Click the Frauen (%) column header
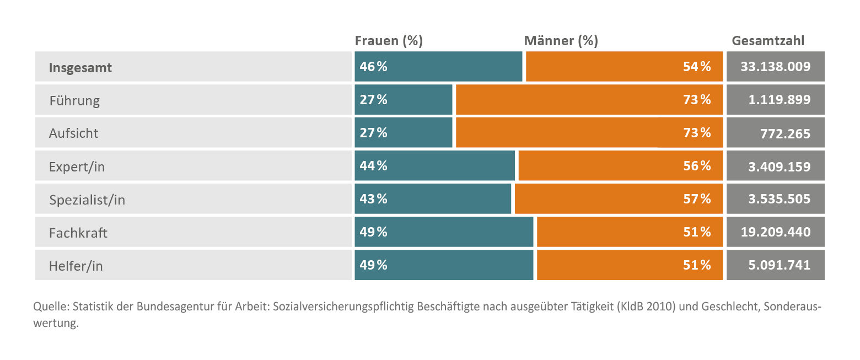[x=388, y=41]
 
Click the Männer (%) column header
[x=561, y=41]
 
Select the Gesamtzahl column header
[x=768, y=41]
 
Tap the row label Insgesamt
[x=80, y=68]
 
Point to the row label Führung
[x=74, y=101]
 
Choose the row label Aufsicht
[x=74, y=133]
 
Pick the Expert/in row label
[x=77, y=166]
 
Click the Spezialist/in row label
[x=87, y=200]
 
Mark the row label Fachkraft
[x=78, y=233]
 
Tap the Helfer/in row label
[x=76, y=266]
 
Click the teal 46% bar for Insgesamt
[x=438, y=67]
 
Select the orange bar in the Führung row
[x=589, y=100]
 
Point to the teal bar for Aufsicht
[x=403, y=133]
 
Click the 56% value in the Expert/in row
[x=697, y=166]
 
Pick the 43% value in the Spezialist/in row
[x=374, y=199]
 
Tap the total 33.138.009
[x=775, y=67]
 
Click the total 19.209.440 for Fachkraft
[x=775, y=232]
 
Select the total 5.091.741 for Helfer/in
[x=779, y=265]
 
